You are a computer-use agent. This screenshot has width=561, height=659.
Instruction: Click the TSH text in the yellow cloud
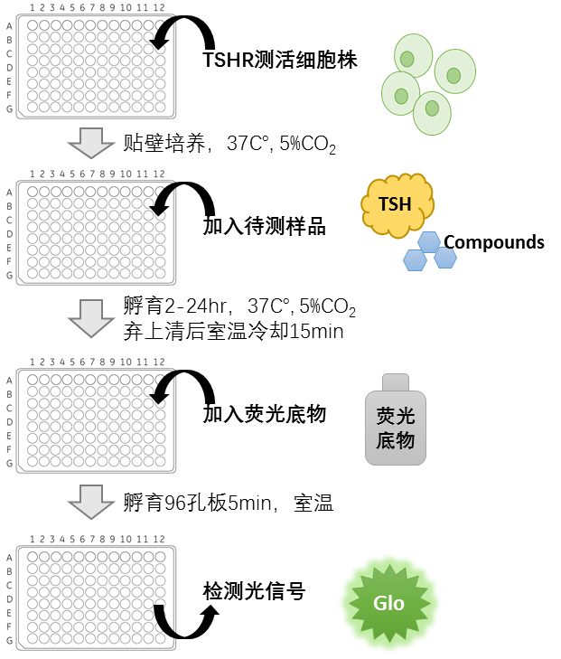(395, 204)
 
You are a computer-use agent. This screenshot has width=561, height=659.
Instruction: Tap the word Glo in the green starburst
(389, 603)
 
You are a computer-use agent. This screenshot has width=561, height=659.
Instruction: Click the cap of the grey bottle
(396, 382)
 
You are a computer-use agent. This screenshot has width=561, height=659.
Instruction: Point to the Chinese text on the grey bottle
(396, 428)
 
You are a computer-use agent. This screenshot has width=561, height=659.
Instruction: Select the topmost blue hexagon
(429, 241)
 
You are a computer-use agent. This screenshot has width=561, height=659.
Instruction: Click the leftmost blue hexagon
(415, 260)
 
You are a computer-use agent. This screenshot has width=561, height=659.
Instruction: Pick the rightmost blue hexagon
(445, 258)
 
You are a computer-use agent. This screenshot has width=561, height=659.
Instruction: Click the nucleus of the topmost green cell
(407, 59)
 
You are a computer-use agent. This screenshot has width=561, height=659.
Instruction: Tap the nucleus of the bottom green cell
(432, 108)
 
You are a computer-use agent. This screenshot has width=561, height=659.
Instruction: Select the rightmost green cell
(454, 71)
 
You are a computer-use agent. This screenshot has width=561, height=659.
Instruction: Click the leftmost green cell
(399, 93)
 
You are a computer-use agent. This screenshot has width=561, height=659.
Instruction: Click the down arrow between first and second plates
(91, 143)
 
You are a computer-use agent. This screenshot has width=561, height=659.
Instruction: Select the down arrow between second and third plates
(91, 318)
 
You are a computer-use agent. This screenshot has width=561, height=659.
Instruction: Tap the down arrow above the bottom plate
(91, 502)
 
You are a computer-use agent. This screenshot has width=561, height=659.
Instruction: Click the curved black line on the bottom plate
(164, 624)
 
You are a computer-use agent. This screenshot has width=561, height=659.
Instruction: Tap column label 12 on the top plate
(159, 8)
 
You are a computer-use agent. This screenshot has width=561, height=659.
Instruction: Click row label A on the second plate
(10, 193)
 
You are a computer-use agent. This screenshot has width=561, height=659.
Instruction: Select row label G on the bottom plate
(10, 641)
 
